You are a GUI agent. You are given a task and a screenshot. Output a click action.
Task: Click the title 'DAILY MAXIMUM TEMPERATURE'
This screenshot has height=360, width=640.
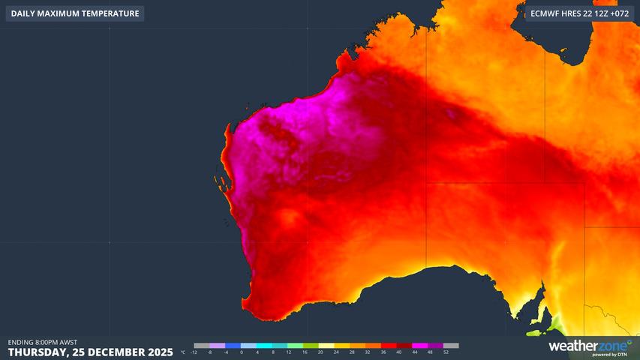75,13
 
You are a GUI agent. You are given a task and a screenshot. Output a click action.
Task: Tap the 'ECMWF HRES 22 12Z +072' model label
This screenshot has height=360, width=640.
580,13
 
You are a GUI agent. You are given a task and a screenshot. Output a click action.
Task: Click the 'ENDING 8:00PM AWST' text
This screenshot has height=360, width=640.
42,342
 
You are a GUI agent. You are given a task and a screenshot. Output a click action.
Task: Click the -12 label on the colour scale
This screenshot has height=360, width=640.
194,352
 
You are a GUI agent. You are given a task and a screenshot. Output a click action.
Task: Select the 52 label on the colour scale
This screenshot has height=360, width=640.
446,352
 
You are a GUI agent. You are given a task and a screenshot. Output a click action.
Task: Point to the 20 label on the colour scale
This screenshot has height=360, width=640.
320,352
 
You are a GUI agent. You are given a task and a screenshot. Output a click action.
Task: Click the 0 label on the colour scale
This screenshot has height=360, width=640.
242,352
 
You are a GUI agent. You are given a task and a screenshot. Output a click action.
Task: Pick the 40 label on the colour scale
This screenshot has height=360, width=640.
399,352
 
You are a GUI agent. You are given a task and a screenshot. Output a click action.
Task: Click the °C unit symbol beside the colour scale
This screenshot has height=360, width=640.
183,352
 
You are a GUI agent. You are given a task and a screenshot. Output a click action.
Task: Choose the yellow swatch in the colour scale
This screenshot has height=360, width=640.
328,346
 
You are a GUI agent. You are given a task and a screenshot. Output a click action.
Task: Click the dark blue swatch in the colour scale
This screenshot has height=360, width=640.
233,346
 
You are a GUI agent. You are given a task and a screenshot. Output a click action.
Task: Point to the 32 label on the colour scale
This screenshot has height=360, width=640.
368,352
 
